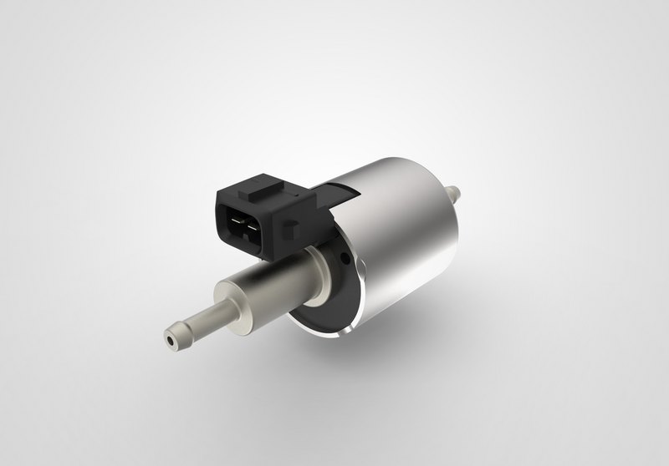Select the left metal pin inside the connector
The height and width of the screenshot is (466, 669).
(236, 223)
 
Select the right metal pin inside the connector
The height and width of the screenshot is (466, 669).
(249, 224)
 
